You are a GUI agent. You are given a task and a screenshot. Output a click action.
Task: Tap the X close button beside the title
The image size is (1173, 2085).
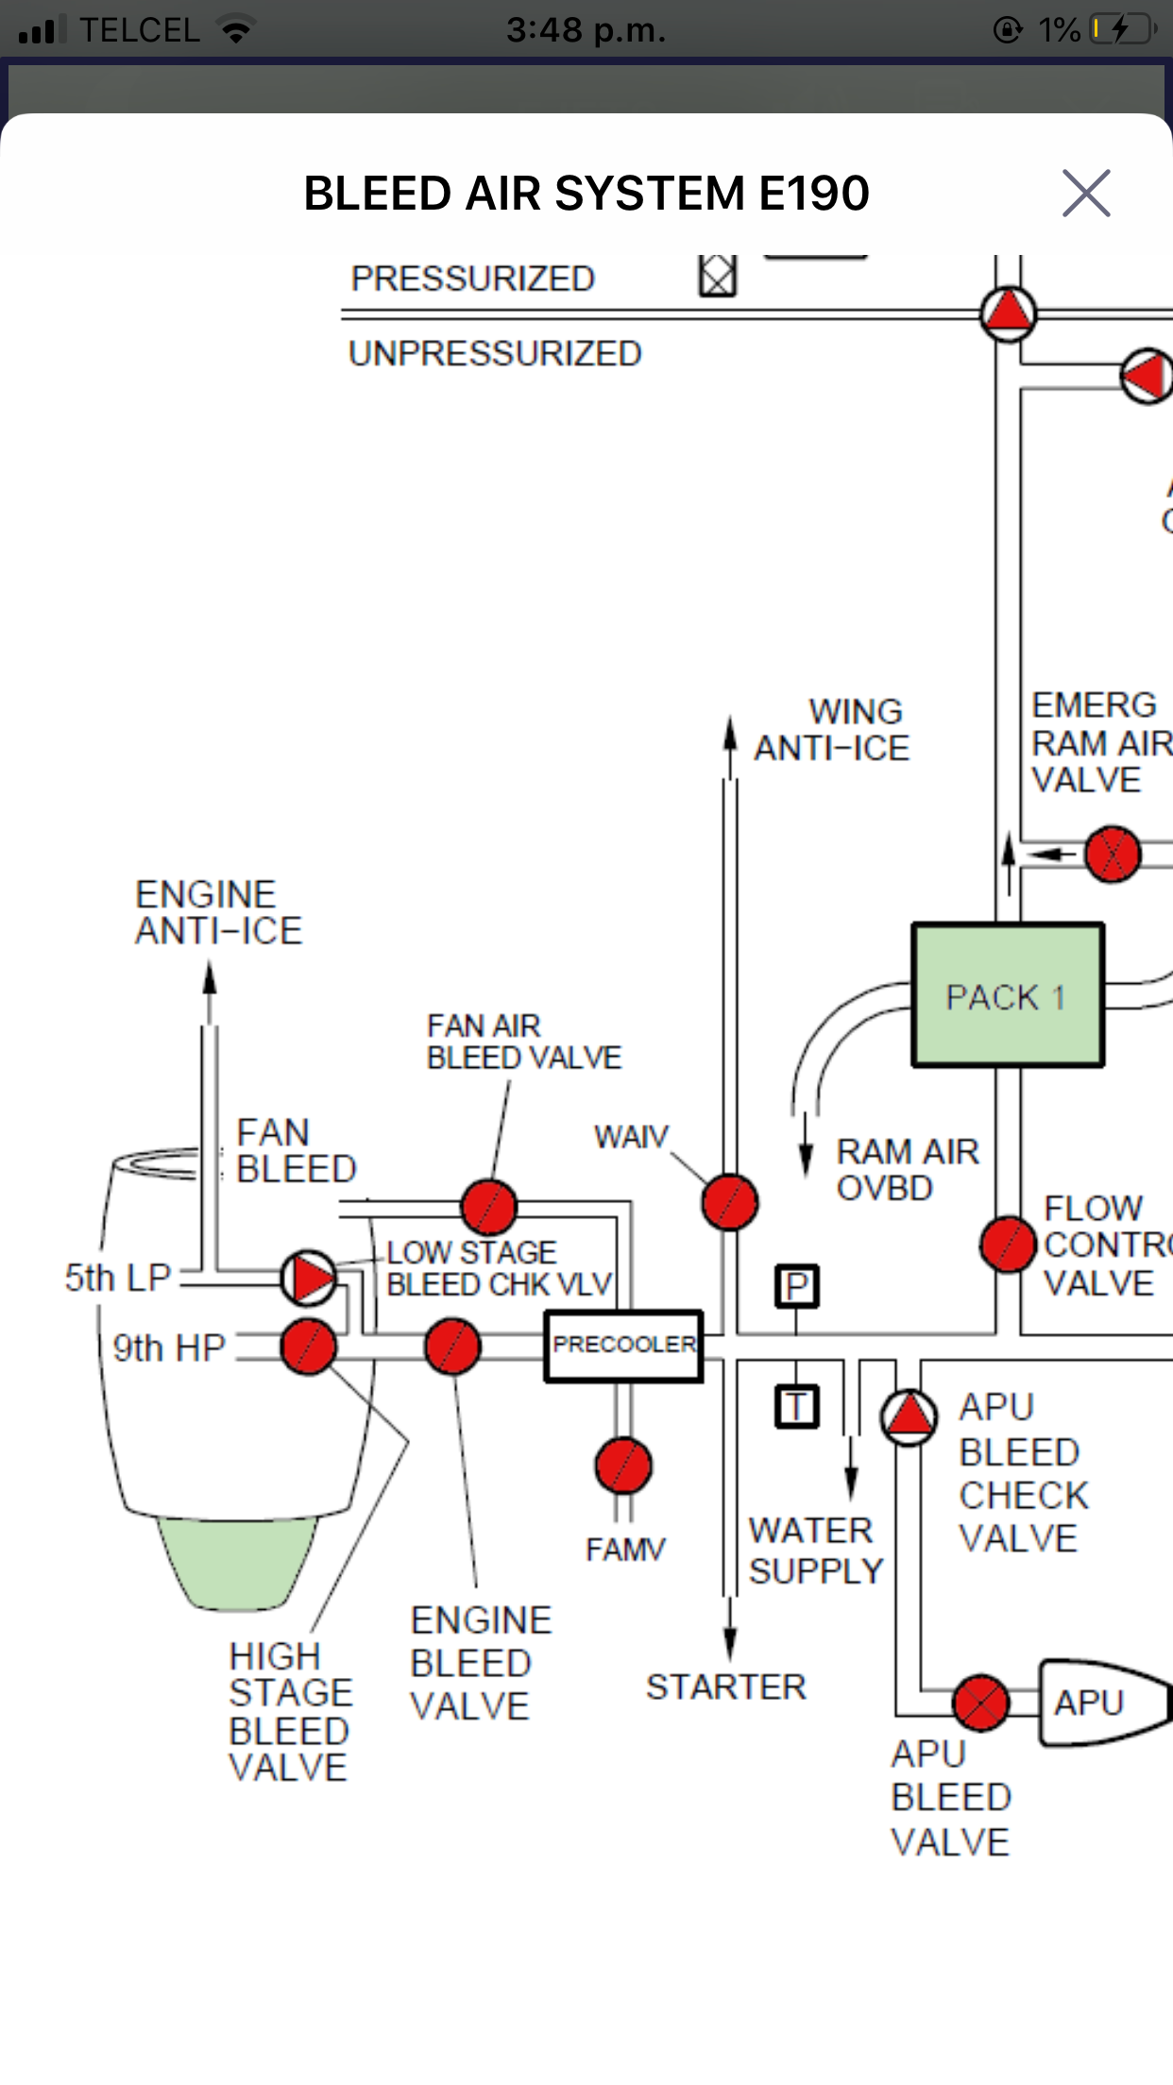(1086, 194)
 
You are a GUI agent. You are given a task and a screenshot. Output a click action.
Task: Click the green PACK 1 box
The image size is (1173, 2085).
(1008, 995)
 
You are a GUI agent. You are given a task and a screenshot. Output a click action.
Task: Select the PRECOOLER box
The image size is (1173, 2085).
(623, 1346)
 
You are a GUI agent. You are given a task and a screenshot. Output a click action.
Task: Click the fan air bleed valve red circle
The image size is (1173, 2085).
(489, 1207)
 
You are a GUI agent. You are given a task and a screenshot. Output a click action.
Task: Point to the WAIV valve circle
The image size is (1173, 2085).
(730, 1202)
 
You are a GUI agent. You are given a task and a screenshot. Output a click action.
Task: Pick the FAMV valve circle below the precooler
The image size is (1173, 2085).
(623, 1466)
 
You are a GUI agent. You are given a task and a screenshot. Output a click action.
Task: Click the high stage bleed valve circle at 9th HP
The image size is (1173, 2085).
(308, 1348)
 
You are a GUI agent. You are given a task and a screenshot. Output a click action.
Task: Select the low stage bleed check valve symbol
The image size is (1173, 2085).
(308, 1278)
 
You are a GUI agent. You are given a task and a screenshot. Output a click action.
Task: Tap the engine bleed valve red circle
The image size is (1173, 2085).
(452, 1348)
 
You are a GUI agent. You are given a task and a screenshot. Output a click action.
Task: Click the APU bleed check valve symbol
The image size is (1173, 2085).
(909, 1416)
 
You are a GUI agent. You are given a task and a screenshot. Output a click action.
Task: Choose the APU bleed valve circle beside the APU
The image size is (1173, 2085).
(981, 1704)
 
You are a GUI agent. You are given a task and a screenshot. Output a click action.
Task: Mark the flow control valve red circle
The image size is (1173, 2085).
(1009, 1245)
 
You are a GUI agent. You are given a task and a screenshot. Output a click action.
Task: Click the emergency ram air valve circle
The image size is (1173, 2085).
(1113, 855)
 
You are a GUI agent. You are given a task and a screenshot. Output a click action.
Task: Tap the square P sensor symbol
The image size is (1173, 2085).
(797, 1286)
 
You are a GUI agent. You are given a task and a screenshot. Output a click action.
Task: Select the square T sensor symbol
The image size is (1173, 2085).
(797, 1407)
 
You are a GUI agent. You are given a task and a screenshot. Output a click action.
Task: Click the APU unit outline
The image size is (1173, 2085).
(1100, 1703)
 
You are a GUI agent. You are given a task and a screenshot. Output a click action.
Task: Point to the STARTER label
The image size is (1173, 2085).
(726, 1687)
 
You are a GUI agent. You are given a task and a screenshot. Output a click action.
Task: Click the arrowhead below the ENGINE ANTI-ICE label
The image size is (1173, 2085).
(210, 979)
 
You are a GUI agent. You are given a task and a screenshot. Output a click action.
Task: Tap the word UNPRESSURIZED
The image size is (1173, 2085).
(495, 353)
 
